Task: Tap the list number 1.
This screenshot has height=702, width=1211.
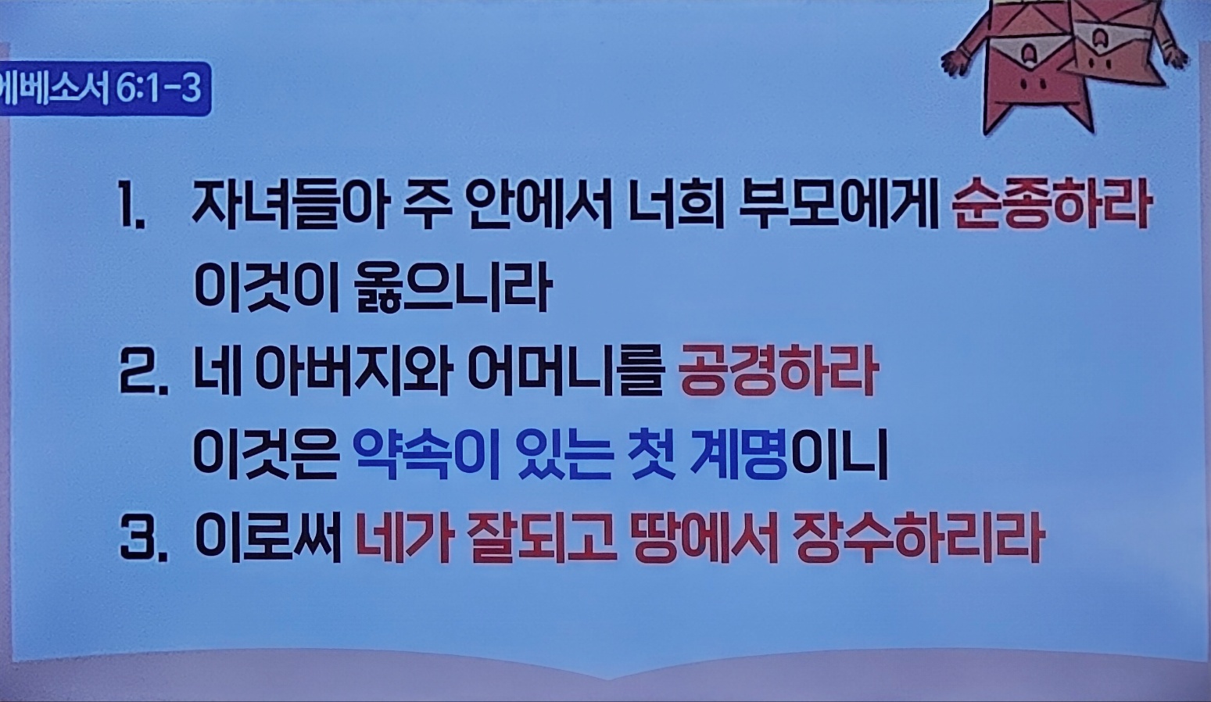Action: point(131,207)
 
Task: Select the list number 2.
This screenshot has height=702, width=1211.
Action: point(143,374)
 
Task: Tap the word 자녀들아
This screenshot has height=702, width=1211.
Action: point(288,207)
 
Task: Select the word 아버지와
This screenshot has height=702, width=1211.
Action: point(352,373)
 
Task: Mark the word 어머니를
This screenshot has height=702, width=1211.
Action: point(565,373)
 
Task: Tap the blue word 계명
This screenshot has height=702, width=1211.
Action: point(738,456)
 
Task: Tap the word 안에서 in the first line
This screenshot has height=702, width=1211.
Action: point(539,207)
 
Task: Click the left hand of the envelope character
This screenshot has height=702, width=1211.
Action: point(956,62)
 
